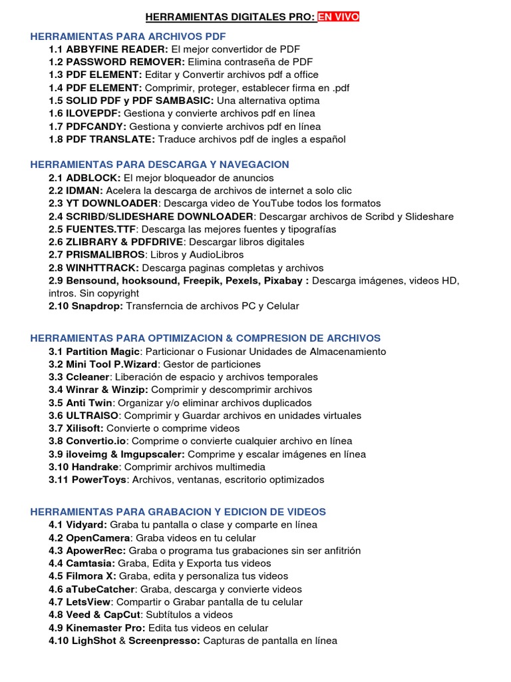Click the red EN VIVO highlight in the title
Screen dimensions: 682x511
click(x=338, y=17)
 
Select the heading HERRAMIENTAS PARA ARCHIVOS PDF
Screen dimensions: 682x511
click(x=128, y=36)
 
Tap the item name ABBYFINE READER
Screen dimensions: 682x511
click(x=116, y=49)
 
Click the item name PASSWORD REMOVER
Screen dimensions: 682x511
click(x=124, y=62)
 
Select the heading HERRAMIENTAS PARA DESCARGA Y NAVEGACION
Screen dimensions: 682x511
click(x=160, y=165)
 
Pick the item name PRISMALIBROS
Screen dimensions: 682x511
click(x=105, y=254)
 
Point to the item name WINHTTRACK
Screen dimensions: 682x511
click(x=102, y=268)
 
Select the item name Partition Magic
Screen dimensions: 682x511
click(x=102, y=351)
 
